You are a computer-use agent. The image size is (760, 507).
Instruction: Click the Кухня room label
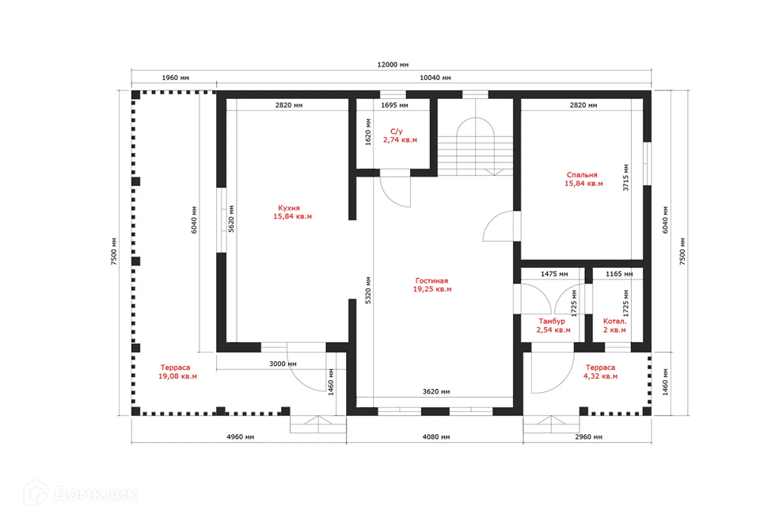(x=289, y=208)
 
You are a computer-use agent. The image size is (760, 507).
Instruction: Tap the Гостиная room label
(x=431, y=280)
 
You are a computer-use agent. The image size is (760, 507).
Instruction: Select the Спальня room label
(x=582, y=174)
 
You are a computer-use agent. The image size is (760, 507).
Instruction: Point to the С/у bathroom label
(x=396, y=132)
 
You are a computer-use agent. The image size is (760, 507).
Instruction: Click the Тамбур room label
(x=552, y=321)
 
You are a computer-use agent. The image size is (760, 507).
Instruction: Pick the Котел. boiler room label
(x=614, y=321)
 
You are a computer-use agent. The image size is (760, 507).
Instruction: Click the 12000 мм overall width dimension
(x=393, y=64)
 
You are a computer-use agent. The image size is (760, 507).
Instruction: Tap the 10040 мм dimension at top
(x=435, y=78)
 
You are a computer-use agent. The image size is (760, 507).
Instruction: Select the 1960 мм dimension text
(x=176, y=78)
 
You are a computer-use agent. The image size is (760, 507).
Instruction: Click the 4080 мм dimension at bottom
(x=435, y=436)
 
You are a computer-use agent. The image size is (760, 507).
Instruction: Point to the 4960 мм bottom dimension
(x=240, y=436)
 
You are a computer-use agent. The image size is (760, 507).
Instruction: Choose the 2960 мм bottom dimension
(x=588, y=436)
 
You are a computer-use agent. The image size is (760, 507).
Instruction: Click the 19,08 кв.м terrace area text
(x=177, y=376)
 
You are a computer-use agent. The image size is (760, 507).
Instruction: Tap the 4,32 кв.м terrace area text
(x=600, y=376)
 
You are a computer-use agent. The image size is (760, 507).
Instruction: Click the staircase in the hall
(x=476, y=146)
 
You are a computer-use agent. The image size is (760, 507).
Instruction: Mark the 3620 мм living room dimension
(x=435, y=391)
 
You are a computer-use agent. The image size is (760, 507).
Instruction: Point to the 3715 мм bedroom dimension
(x=625, y=177)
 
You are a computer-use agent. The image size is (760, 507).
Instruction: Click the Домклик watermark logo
(x=81, y=493)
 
